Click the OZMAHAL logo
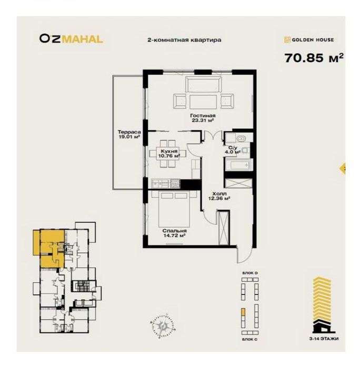[71, 38]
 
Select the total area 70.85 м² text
[314, 57]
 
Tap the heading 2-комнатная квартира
[184, 39]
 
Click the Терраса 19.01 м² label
[128, 134]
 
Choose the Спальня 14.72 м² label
[174, 234]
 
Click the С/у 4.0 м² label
[233, 150]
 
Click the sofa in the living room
[203, 84]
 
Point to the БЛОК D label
[250, 272]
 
